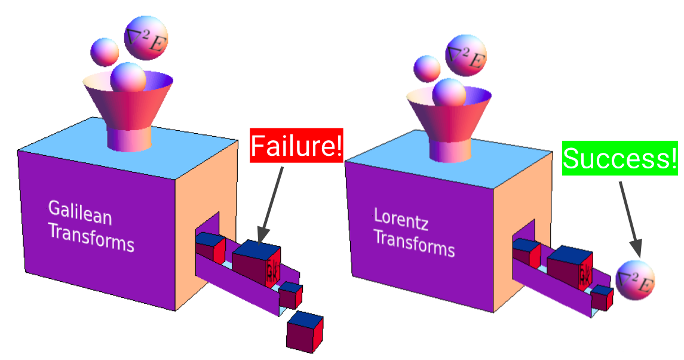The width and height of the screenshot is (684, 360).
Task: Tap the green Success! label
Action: click(x=620, y=158)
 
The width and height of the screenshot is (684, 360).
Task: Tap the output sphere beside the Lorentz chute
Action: click(x=636, y=280)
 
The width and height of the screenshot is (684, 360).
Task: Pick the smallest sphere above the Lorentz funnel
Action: click(x=427, y=68)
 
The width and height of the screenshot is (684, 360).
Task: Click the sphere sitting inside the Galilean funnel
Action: click(x=128, y=77)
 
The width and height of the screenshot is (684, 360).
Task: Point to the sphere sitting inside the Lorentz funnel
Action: click(x=449, y=93)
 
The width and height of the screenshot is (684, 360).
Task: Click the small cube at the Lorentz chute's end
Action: click(x=602, y=297)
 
